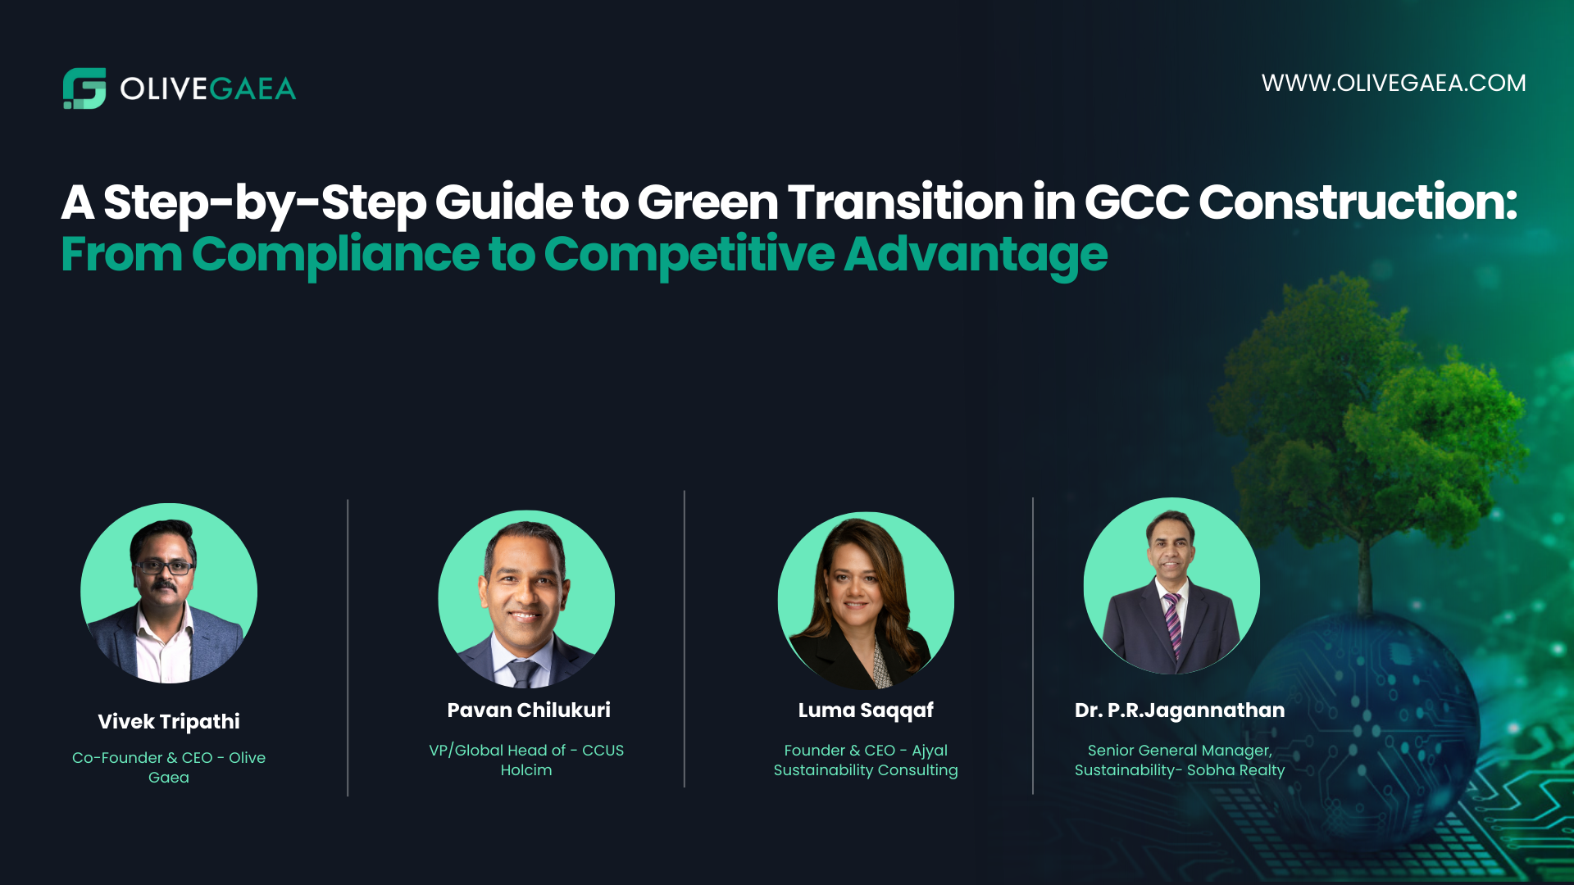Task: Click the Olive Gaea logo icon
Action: coord(84,88)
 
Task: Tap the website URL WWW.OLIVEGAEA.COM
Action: coord(1393,83)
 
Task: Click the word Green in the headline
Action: coord(707,202)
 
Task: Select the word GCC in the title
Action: coord(1136,202)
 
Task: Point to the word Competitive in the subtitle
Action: coord(689,254)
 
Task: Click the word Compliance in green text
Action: coord(334,254)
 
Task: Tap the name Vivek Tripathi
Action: coord(169,721)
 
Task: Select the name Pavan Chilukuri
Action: coord(529,710)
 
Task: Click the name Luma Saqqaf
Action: coord(866,710)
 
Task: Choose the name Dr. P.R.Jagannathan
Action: coord(1179,710)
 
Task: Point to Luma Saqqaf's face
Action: coord(854,583)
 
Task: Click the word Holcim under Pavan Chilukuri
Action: coord(526,770)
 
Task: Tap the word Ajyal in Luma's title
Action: coord(930,751)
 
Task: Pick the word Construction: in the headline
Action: coord(1358,202)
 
